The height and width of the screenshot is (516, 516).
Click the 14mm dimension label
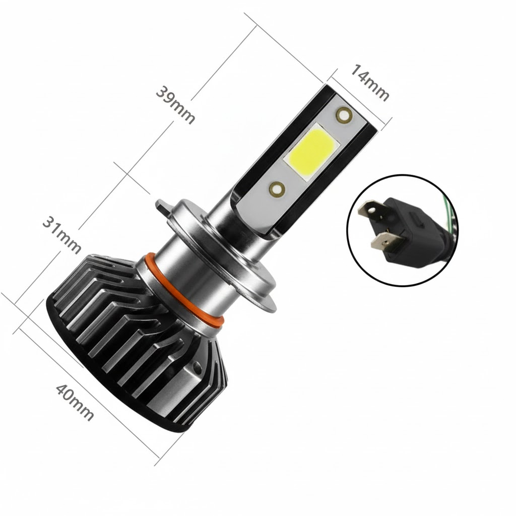coord(369,82)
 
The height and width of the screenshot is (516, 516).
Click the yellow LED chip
coord(311,151)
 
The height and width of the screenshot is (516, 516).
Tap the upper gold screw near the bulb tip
coord(344,115)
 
